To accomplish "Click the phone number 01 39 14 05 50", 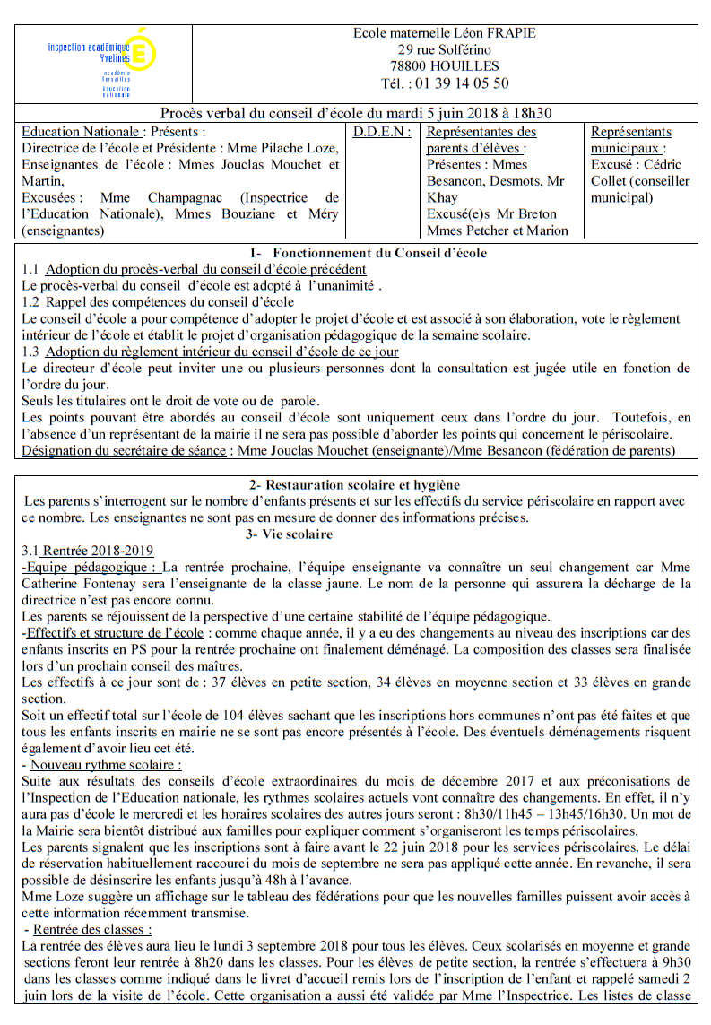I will tap(458, 83).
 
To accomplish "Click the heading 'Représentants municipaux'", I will tap(630, 140).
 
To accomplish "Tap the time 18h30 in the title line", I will tap(531, 113).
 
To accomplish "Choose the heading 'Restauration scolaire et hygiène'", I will tap(355, 484).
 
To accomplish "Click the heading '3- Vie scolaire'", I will tap(289, 534).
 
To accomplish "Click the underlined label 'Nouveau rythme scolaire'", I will tap(106, 765).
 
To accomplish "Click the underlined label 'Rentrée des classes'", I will tap(91, 929).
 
